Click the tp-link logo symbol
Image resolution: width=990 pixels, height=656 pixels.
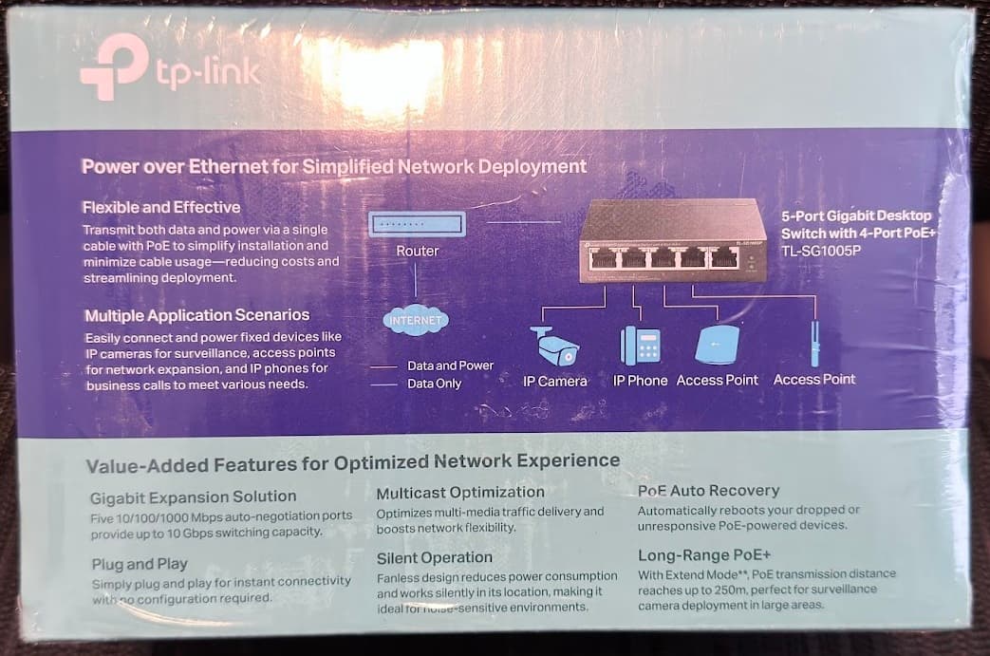coord(114,66)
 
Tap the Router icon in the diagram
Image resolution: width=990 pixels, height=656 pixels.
coord(418,224)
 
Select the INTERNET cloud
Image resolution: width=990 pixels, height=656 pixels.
coord(416,320)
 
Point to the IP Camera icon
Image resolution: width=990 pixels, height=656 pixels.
coord(554,346)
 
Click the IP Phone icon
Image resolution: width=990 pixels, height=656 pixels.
coord(640,346)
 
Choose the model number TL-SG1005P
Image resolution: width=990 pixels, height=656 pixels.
coord(821,251)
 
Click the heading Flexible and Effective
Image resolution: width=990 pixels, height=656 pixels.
coord(161,207)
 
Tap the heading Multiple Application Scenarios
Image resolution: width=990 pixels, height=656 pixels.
coord(197,315)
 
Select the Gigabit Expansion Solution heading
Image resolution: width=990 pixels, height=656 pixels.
coord(194,497)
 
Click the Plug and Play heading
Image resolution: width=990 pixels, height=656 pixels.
coord(140,564)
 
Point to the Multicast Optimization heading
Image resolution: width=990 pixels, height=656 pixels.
coord(460,493)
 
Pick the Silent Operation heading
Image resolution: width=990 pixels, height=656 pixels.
coord(435,558)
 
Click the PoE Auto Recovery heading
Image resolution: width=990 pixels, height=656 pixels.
coord(708,491)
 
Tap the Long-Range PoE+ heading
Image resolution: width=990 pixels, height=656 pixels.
coord(704,555)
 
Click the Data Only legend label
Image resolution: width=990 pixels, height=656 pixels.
coord(435,384)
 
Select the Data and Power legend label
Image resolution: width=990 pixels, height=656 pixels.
coord(450,365)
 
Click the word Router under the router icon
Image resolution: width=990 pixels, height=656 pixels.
coord(418,251)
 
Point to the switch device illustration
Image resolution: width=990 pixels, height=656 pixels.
coord(672,240)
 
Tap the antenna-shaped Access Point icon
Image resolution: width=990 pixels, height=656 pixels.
coord(814,344)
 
